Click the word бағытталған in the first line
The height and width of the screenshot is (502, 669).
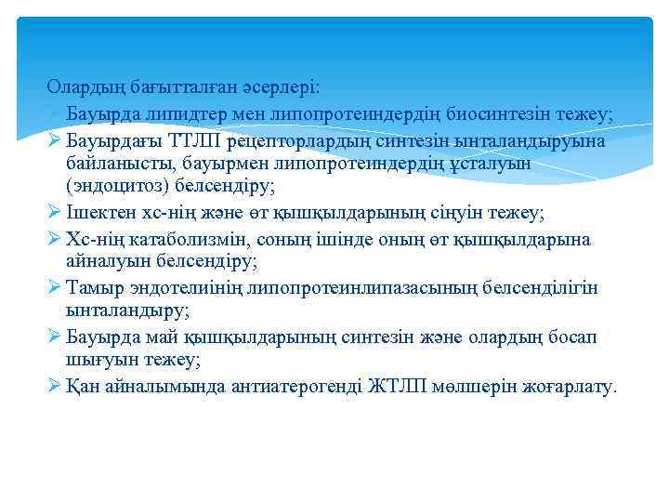[x=159, y=87]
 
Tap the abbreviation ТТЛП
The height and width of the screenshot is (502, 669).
[x=199, y=140]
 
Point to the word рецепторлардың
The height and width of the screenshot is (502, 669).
[x=295, y=140]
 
